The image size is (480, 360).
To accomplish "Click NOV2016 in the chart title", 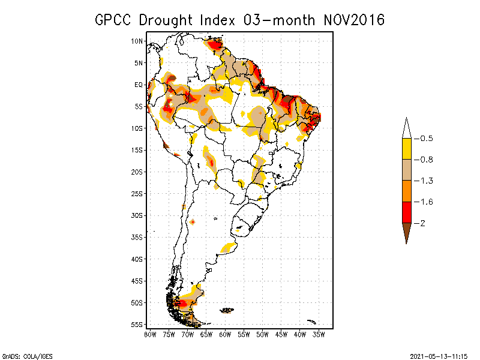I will (x=350, y=20).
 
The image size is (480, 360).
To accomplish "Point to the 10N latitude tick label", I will (x=137, y=41).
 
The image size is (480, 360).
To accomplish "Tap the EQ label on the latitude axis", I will (x=138, y=85).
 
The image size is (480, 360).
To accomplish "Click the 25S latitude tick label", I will (x=137, y=193).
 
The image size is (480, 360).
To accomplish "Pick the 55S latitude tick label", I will (x=137, y=325).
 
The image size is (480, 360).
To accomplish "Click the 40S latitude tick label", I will (x=137, y=259).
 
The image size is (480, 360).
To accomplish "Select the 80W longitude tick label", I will (x=150, y=334).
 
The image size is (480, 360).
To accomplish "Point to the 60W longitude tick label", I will (x=225, y=334).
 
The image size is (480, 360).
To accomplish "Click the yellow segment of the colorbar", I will (x=406, y=149).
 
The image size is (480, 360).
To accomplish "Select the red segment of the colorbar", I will (x=406, y=212).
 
